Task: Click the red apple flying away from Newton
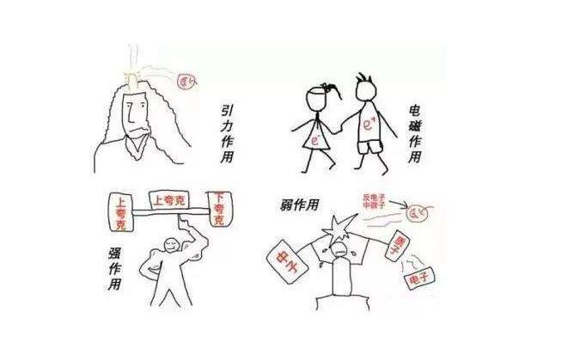(x=186, y=82)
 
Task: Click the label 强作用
(x=114, y=269)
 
